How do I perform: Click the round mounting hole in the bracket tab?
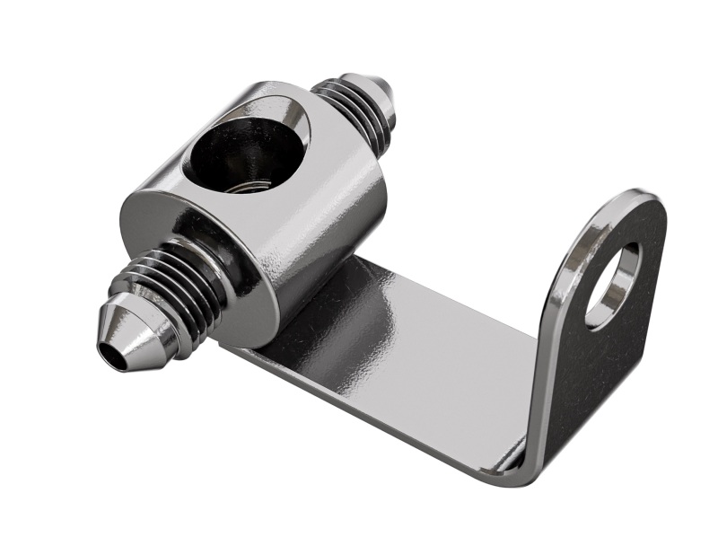pos(613,285)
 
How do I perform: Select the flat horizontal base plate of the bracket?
pos(404,359)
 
